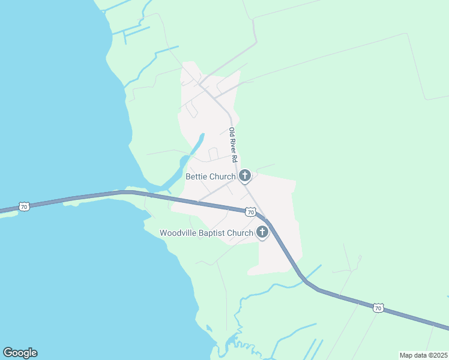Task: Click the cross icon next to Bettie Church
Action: [x=244, y=176]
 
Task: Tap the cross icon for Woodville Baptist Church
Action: [x=262, y=232]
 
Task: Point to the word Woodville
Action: [x=179, y=233]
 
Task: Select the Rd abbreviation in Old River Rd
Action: [x=235, y=159]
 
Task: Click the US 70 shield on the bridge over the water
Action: [x=24, y=207]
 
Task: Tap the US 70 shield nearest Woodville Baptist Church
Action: [x=250, y=212]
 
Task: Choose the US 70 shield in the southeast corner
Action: [x=378, y=308]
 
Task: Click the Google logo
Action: [x=20, y=353]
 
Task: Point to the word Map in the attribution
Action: [x=407, y=355]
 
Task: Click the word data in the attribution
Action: [x=420, y=355]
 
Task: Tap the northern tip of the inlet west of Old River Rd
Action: [x=202, y=134]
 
